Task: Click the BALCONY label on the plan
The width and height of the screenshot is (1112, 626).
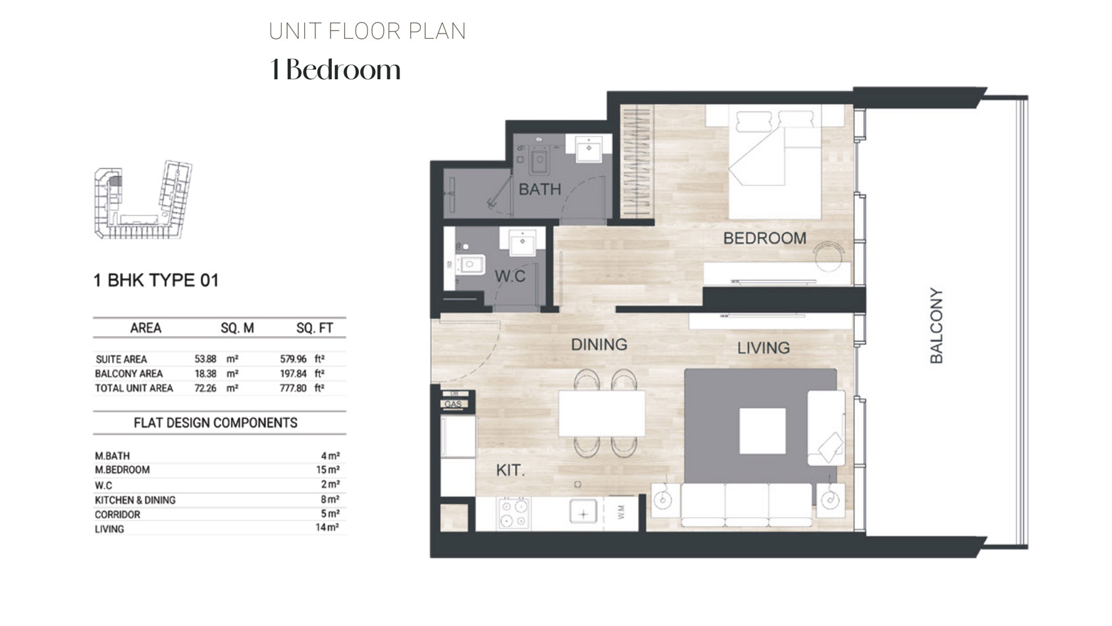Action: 936,326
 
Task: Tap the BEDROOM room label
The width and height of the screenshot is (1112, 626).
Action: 764,239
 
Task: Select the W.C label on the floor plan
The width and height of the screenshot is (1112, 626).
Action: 510,276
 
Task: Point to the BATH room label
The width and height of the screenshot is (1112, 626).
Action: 540,190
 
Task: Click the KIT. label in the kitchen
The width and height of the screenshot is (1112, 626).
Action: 510,470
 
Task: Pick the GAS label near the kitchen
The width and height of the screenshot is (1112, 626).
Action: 454,404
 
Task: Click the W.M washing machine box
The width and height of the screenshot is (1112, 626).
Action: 621,513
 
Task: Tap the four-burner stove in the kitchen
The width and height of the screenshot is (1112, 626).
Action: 514,513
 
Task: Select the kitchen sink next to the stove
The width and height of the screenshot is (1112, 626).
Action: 583,513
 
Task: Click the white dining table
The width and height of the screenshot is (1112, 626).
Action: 602,413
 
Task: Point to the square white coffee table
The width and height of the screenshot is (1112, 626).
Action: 762,431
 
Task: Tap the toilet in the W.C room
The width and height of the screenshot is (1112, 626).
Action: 470,264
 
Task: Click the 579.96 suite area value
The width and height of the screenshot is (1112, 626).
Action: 294,359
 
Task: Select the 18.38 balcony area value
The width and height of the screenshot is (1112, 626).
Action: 205,374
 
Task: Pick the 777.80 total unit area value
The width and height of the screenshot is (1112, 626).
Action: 294,388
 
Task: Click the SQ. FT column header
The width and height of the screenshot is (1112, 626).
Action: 315,328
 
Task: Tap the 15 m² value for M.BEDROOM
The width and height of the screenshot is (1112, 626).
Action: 327,470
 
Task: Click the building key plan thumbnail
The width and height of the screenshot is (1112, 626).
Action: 144,200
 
